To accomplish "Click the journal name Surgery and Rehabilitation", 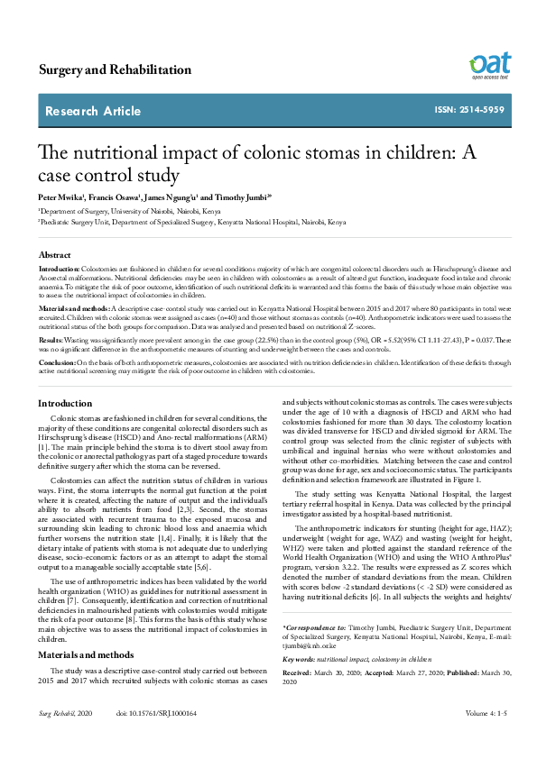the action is (115, 69).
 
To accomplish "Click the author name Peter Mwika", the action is (60, 196).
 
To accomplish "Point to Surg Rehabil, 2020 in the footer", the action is (66, 738).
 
